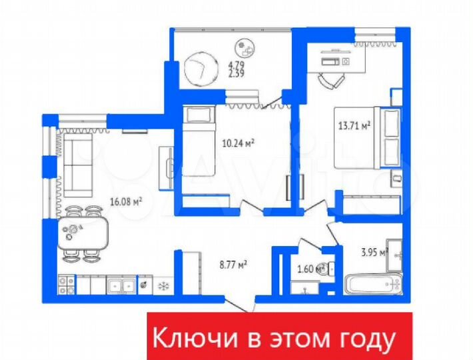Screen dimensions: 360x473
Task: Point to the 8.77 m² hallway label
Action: pyautogui.click(x=233, y=264)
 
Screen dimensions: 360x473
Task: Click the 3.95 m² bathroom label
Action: pyautogui.click(x=374, y=251)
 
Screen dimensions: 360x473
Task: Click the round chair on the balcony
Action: pyautogui.click(x=201, y=68)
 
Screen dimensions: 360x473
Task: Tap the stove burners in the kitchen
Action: pyautogui.click(x=66, y=285)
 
